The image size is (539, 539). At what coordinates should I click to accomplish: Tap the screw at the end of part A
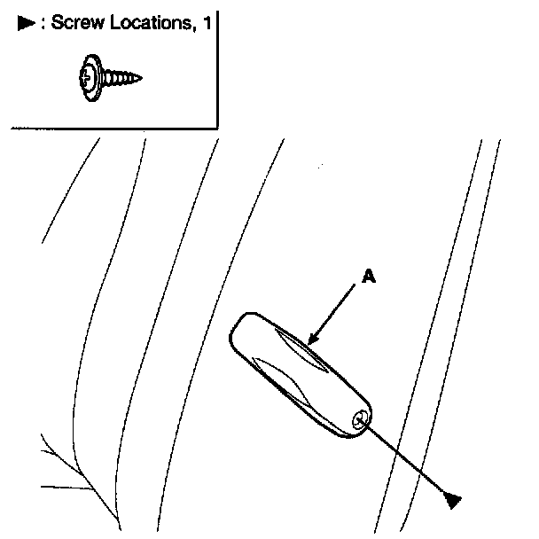tap(359, 421)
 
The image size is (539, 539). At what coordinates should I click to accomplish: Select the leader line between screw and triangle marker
tap(407, 461)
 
